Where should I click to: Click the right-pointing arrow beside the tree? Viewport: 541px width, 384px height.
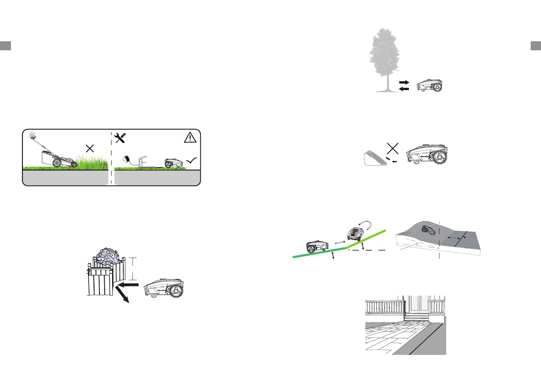pyautogui.click(x=404, y=82)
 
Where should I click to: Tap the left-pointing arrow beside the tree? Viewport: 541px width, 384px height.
pyautogui.click(x=404, y=89)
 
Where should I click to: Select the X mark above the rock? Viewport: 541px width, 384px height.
pyautogui.click(x=392, y=148)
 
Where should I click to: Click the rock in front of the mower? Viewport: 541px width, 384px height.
pyautogui.click(x=375, y=159)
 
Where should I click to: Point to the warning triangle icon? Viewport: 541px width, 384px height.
pyautogui.click(x=190, y=138)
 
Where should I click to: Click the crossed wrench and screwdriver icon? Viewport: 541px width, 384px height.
pyautogui.click(x=120, y=138)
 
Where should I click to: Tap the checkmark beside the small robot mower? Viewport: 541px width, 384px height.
pyautogui.click(x=192, y=161)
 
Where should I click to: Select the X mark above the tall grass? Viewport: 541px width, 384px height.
pyautogui.click(x=90, y=149)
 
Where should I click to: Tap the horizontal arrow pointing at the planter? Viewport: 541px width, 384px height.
pyautogui.click(x=128, y=285)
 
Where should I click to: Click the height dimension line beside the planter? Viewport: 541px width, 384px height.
pyautogui.click(x=133, y=269)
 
